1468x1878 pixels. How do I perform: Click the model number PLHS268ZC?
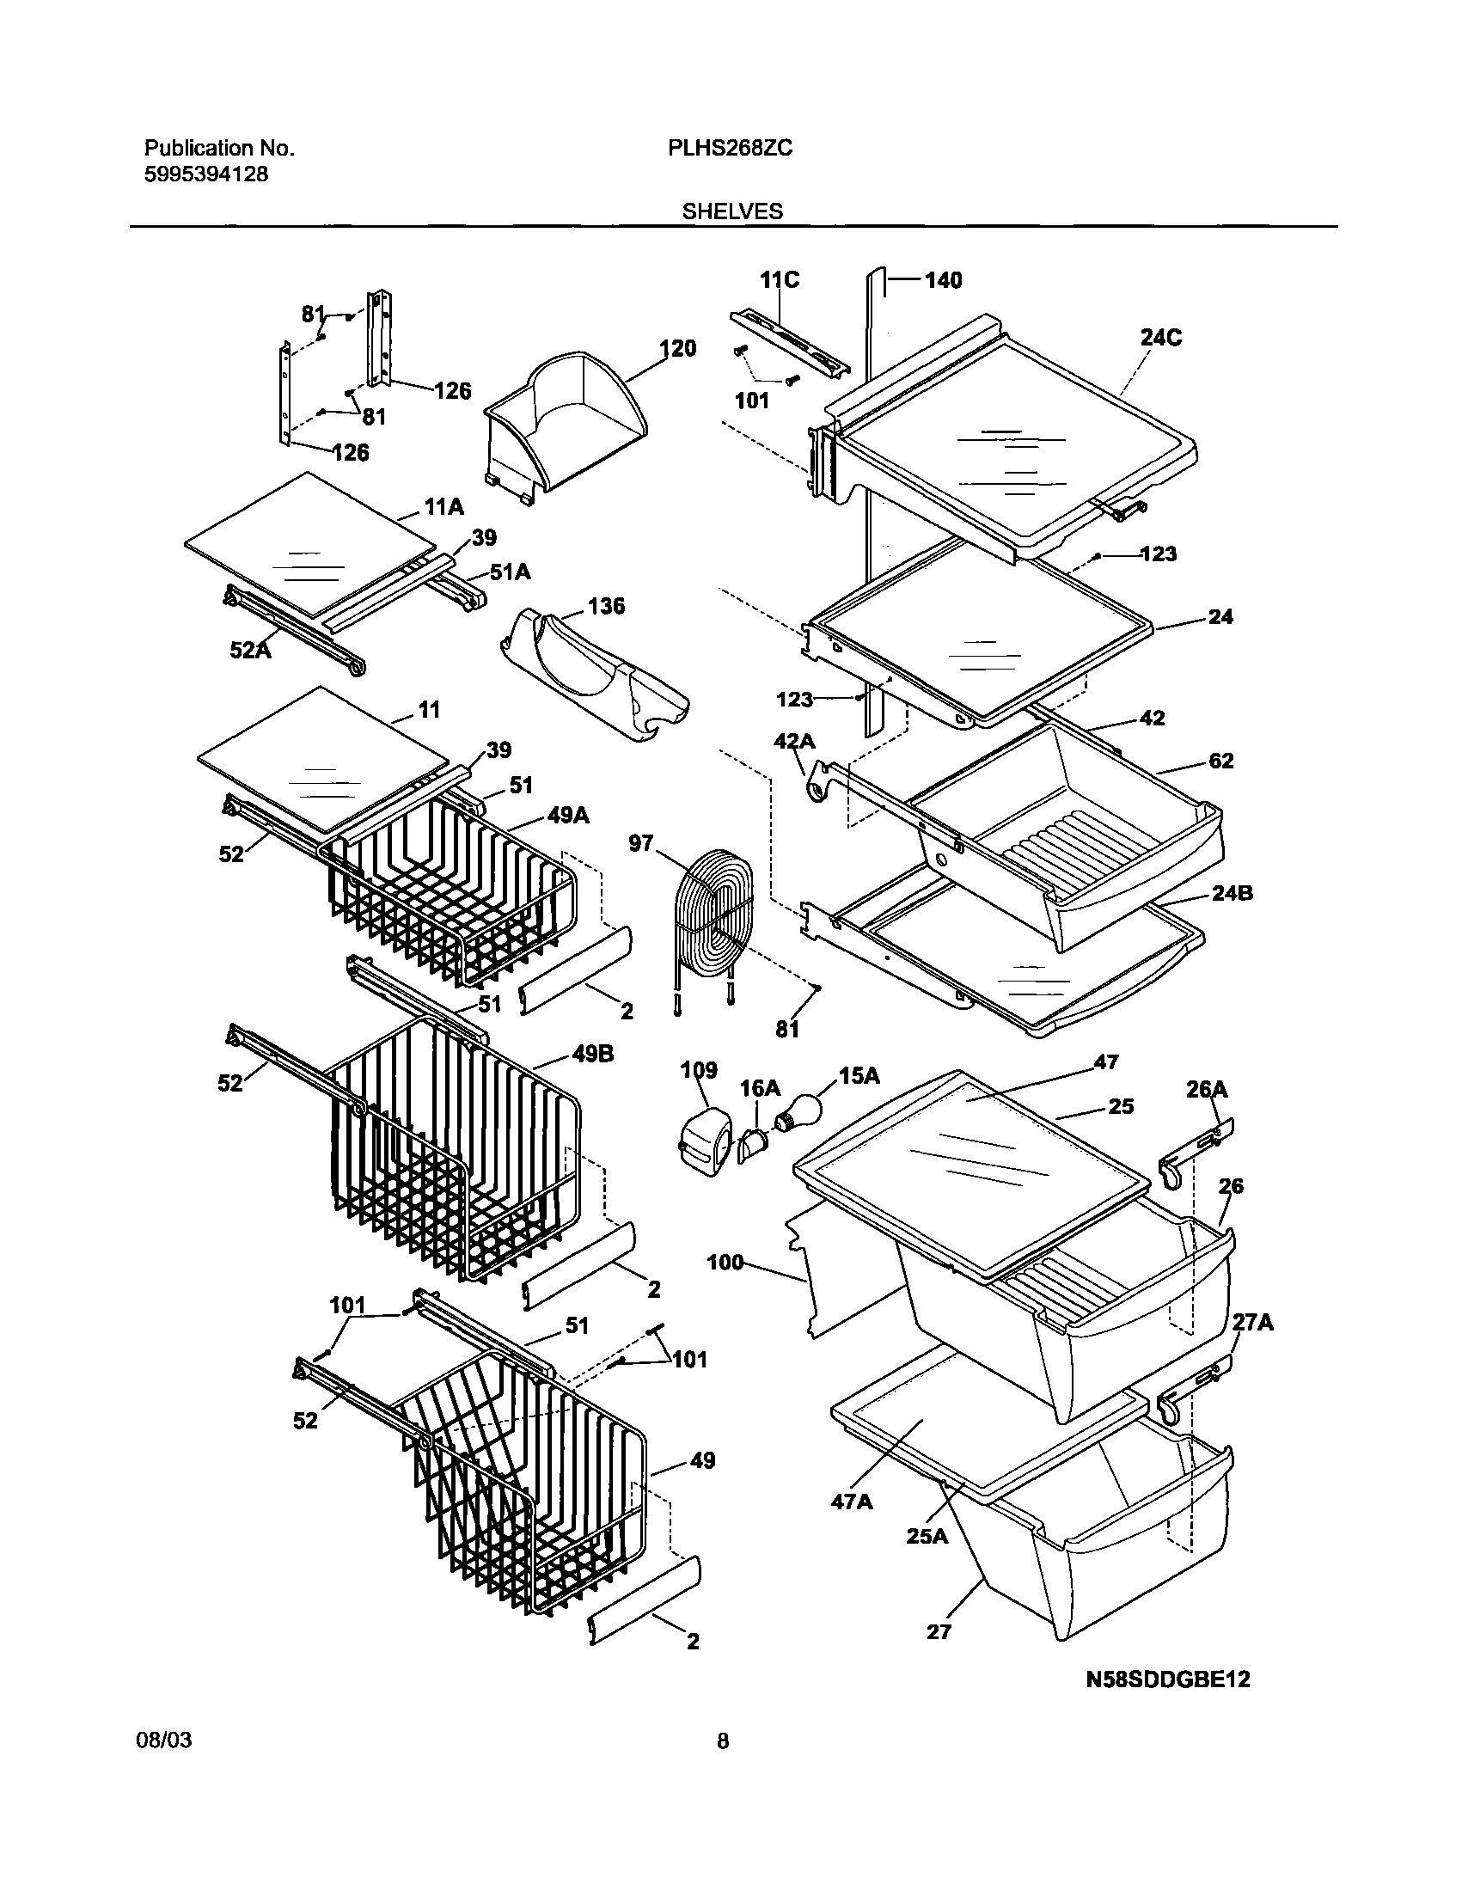(x=729, y=149)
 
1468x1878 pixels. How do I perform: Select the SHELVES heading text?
(x=732, y=211)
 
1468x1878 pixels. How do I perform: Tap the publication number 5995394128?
(x=205, y=174)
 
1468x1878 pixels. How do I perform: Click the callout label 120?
(x=677, y=348)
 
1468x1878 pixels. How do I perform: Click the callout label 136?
(x=605, y=606)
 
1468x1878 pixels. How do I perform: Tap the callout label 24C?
(x=1160, y=338)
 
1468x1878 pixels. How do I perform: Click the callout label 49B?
(x=591, y=1055)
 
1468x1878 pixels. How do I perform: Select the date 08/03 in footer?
(x=164, y=1740)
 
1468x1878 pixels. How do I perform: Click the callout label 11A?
(x=443, y=507)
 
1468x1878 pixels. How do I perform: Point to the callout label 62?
(x=1220, y=761)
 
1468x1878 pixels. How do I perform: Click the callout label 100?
(x=725, y=1263)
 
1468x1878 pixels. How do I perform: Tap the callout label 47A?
(x=852, y=1502)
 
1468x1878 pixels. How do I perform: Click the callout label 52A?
(x=250, y=650)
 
